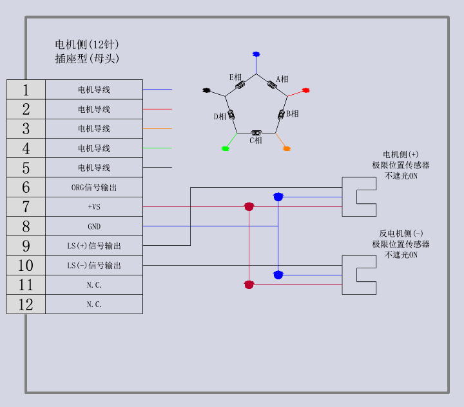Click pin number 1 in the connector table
[26, 90]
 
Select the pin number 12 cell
[26, 304]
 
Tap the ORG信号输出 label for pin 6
[94, 188]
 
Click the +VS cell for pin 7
[94, 207]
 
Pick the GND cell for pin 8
[94, 226]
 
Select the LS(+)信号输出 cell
[94, 246]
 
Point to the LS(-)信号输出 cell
[94, 265]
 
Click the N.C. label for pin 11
[94, 285]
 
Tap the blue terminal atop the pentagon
[256, 54]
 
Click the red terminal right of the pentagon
[306, 91]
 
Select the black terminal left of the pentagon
[207, 90]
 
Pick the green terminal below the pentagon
[226, 148]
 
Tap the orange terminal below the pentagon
[287, 148]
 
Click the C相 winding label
[256, 140]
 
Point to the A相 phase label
[282, 79]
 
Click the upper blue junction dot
[278, 197]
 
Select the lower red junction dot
[249, 284]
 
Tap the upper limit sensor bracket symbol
[359, 197]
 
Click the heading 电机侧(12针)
[87, 45]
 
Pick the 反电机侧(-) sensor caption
[401, 233]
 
